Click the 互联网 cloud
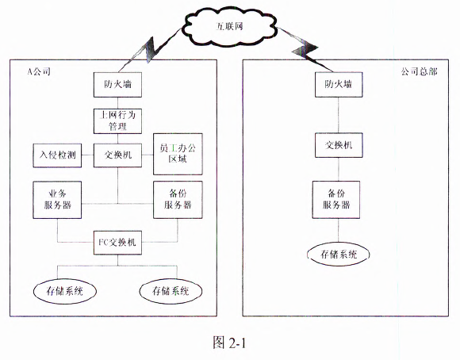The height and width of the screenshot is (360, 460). pyautogui.click(x=229, y=27)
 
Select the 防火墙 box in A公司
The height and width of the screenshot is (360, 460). pyautogui.click(x=117, y=85)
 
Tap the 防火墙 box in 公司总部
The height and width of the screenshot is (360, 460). pyautogui.click(x=339, y=85)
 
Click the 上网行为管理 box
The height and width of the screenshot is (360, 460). pyautogui.click(x=117, y=121)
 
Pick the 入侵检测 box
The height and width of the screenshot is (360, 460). pyautogui.click(x=57, y=155)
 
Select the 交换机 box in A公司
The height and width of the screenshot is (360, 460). pyautogui.click(x=117, y=155)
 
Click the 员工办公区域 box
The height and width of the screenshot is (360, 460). pyautogui.click(x=178, y=154)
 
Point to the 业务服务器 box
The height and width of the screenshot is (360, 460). pyautogui.click(x=57, y=200)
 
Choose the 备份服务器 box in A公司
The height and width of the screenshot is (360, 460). pyautogui.click(x=178, y=200)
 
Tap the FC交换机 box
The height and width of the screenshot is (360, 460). pyautogui.click(x=117, y=243)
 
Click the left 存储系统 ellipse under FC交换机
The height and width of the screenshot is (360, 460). pyautogui.click(x=65, y=291)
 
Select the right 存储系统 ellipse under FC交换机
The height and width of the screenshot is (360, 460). pyautogui.click(x=171, y=291)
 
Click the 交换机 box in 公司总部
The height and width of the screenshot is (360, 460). pyautogui.click(x=339, y=145)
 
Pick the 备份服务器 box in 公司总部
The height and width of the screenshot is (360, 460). pyautogui.click(x=336, y=200)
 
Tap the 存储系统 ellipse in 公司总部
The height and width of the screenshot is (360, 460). pyautogui.click(x=338, y=254)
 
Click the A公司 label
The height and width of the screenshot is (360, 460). pyautogui.click(x=39, y=71)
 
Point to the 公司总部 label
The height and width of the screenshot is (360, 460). pyautogui.click(x=419, y=71)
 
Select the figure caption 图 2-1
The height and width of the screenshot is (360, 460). pyautogui.click(x=229, y=342)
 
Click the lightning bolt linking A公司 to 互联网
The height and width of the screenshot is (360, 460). pyautogui.click(x=151, y=50)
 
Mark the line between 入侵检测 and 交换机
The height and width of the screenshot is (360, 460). pyautogui.click(x=87, y=155)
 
